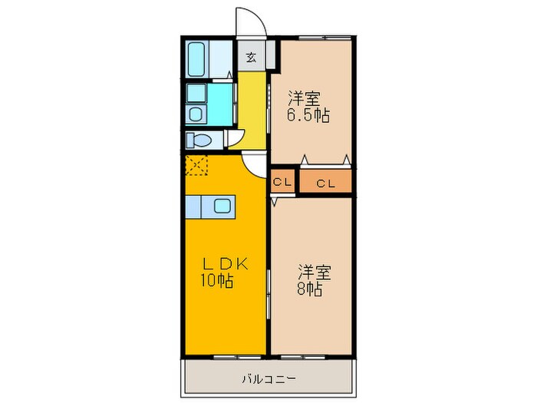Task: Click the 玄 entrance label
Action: pyautogui.click(x=251, y=57)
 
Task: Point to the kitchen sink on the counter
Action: pyautogui.click(x=222, y=206)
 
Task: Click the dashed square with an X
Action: pyautogui.click(x=196, y=165)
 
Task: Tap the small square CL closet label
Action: pyautogui.click(x=282, y=183)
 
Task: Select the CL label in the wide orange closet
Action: pyautogui.click(x=325, y=183)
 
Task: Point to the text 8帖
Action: pyautogui.click(x=310, y=289)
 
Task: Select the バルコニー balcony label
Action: pyautogui.click(x=270, y=378)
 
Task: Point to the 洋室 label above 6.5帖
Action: pyautogui.click(x=304, y=97)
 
